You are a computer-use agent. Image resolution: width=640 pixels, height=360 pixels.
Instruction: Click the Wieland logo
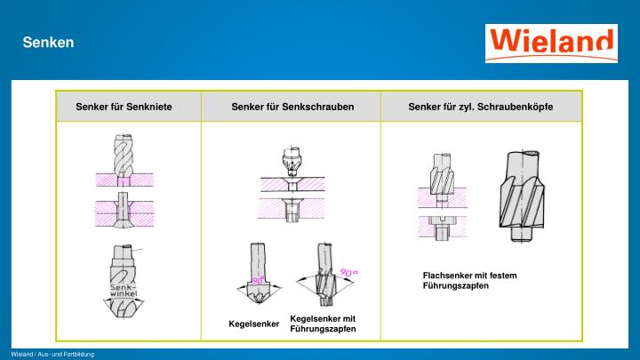551,43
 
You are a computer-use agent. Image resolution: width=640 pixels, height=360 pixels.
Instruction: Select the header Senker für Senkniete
124,107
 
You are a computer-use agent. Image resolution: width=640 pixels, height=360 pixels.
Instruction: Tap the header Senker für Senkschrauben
292,107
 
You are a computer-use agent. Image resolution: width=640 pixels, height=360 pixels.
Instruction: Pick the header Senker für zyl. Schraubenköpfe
481,107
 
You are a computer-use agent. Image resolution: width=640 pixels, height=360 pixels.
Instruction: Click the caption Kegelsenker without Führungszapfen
253,323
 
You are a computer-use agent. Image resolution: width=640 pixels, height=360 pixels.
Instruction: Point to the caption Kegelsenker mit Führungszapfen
323,324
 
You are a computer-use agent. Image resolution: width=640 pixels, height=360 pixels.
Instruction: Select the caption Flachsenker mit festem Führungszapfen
469,280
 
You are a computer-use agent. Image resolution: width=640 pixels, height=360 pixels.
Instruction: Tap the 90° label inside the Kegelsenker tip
259,280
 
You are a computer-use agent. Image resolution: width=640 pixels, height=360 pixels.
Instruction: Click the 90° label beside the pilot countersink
348,272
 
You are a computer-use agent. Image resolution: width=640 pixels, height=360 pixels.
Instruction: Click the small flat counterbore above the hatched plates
441,174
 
